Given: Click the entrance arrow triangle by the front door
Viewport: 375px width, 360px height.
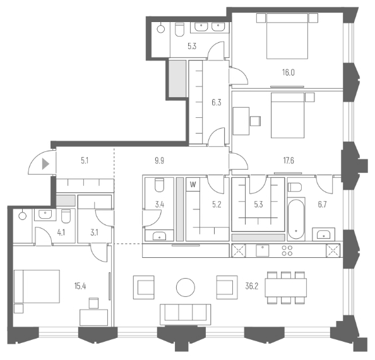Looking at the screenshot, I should coord(45,165).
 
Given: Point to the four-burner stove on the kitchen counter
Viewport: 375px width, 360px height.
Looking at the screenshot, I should coord(287,249).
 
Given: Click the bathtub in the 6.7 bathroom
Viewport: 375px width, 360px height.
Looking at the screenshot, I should coord(296,219).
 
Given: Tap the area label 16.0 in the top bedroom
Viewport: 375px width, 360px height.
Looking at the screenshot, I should coord(289,73).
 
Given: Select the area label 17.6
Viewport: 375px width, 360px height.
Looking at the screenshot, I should coord(289,160).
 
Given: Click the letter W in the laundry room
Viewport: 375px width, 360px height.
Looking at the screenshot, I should coord(193,185).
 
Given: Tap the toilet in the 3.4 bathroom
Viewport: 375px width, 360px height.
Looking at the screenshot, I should coord(159,185).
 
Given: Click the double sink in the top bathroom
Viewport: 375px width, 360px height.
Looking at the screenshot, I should coord(210,26).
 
